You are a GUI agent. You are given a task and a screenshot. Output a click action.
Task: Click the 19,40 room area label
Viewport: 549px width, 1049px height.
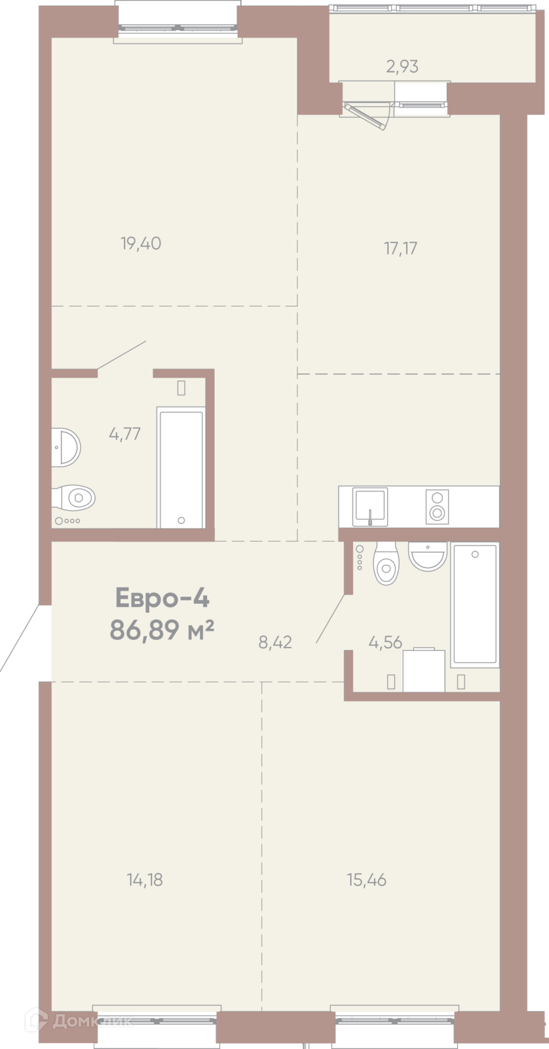(x=141, y=243)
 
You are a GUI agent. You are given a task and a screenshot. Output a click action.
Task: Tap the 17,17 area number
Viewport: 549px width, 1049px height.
(x=401, y=248)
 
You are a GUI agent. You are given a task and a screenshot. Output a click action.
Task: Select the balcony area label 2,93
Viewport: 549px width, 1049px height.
(x=402, y=66)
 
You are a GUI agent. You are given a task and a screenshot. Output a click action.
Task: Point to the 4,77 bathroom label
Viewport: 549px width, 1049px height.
(x=124, y=433)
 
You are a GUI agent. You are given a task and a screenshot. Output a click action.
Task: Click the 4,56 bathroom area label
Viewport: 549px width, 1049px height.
(x=385, y=643)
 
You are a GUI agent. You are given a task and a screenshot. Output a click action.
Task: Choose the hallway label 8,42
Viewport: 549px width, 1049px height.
(x=275, y=642)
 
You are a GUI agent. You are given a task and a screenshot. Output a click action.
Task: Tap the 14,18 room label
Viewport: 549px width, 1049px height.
(x=145, y=880)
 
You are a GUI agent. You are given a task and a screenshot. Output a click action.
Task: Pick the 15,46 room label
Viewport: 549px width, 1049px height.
(x=367, y=880)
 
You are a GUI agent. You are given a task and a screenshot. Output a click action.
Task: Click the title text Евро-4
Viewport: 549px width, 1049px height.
(x=162, y=598)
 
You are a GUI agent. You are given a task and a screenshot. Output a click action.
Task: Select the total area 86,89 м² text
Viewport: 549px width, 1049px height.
(x=162, y=630)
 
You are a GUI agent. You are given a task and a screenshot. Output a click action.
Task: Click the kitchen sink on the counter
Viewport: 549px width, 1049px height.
(x=369, y=506)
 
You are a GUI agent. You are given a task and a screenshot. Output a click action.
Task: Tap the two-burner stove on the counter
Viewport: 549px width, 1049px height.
(x=437, y=507)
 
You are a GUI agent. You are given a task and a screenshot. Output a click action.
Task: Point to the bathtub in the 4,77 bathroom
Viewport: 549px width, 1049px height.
(x=181, y=467)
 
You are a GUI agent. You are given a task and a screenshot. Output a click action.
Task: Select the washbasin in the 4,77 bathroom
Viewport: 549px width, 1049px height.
(x=66, y=447)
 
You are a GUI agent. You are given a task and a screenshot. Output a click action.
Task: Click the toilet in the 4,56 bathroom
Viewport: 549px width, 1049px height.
(x=386, y=563)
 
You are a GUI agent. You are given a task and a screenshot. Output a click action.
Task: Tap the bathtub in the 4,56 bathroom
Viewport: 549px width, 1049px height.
(x=474, y=604)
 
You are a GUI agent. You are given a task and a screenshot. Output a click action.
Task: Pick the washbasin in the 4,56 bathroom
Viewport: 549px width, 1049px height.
(x=428, y=557)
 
